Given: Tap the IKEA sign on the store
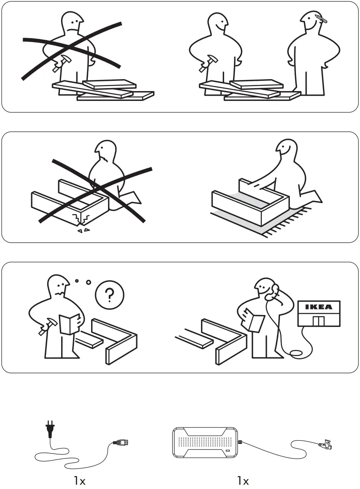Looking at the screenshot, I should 319,307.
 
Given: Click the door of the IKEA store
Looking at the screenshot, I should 319,320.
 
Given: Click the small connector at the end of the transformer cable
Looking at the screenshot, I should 327,444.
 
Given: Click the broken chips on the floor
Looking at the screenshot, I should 84,231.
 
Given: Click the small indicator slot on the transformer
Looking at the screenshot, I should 227,451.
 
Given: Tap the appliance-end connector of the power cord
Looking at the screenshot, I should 121,442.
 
